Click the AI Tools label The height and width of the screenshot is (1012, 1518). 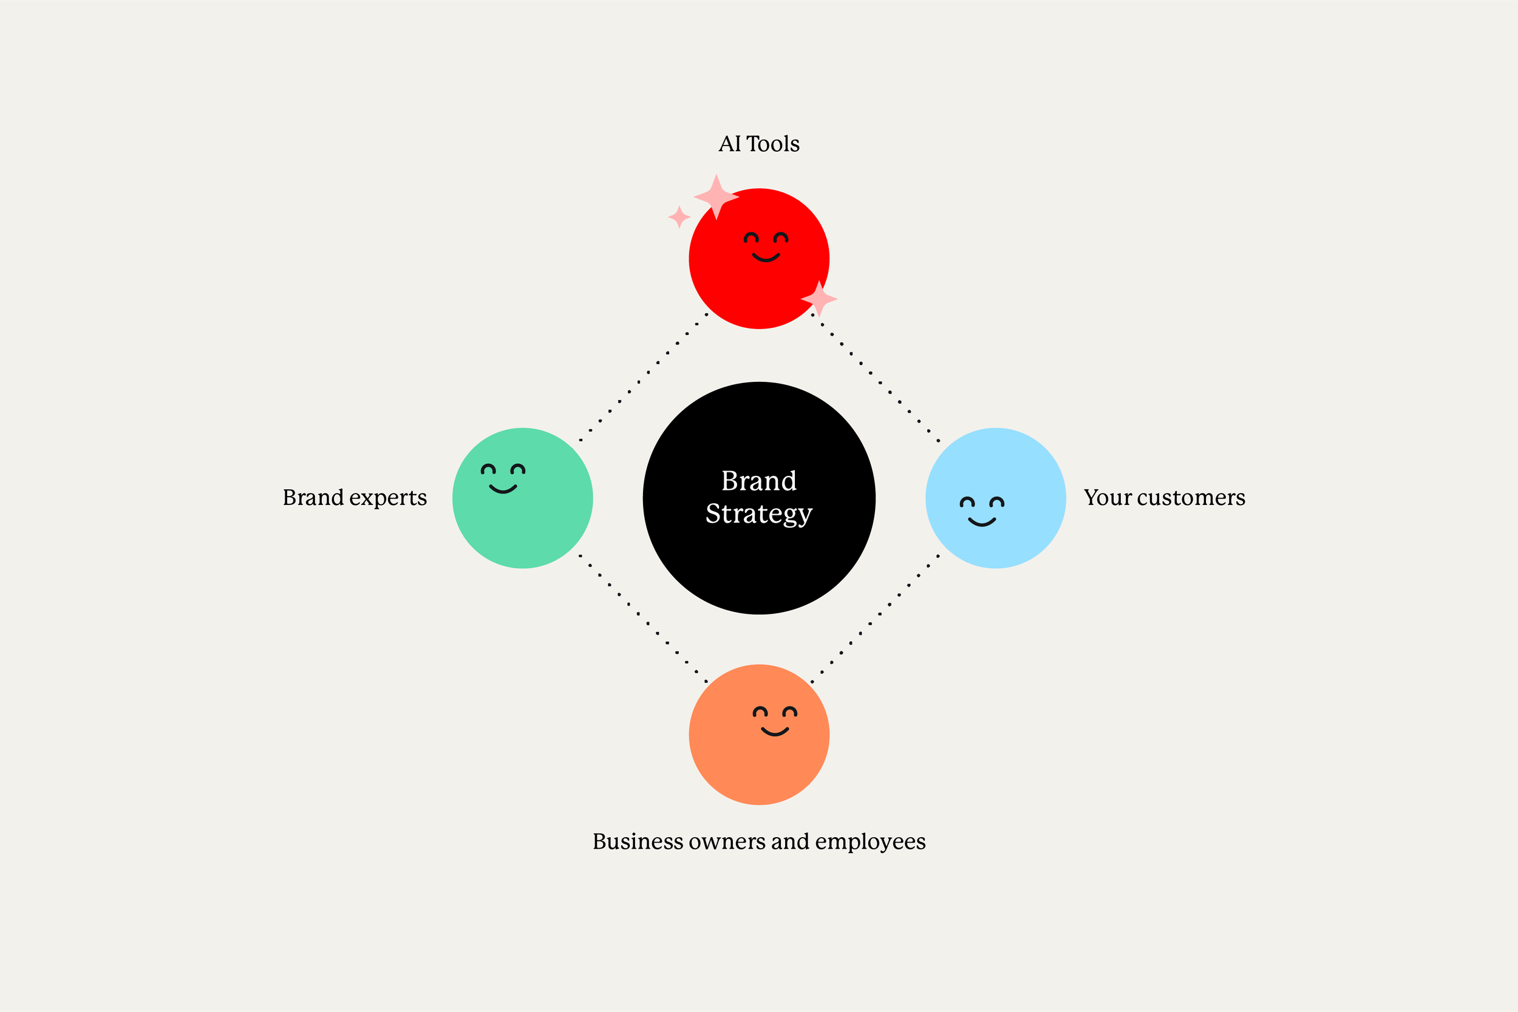[x=759, y=144]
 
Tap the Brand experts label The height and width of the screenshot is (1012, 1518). [x=355, y=498]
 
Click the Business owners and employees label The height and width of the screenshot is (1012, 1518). [x=759, y=841]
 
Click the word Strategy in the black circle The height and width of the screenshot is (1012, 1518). [x=759, y=514]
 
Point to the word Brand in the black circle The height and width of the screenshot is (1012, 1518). [x=759, y=481]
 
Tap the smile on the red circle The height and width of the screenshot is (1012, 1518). [x=766, y=258]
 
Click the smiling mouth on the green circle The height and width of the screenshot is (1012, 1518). [x=503, y=489]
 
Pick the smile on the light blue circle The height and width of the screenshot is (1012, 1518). [x=982, y=522]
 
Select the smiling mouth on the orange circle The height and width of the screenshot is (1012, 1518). [x=775, y=732]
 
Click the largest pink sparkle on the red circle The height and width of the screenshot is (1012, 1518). [x=716, y=196]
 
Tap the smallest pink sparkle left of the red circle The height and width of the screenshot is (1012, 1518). [x=679, y=217]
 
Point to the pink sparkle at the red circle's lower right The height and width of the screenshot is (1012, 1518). [x=819, y=298]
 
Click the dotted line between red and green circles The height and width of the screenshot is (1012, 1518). [x=644, y=378]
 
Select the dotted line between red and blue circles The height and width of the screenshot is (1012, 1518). [x=875, y=378]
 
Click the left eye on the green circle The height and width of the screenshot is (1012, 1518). [x=489, y=469]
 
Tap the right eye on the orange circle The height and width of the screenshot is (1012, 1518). [x=790, y=712]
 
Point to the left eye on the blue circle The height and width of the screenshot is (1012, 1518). [x=967, y=502]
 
